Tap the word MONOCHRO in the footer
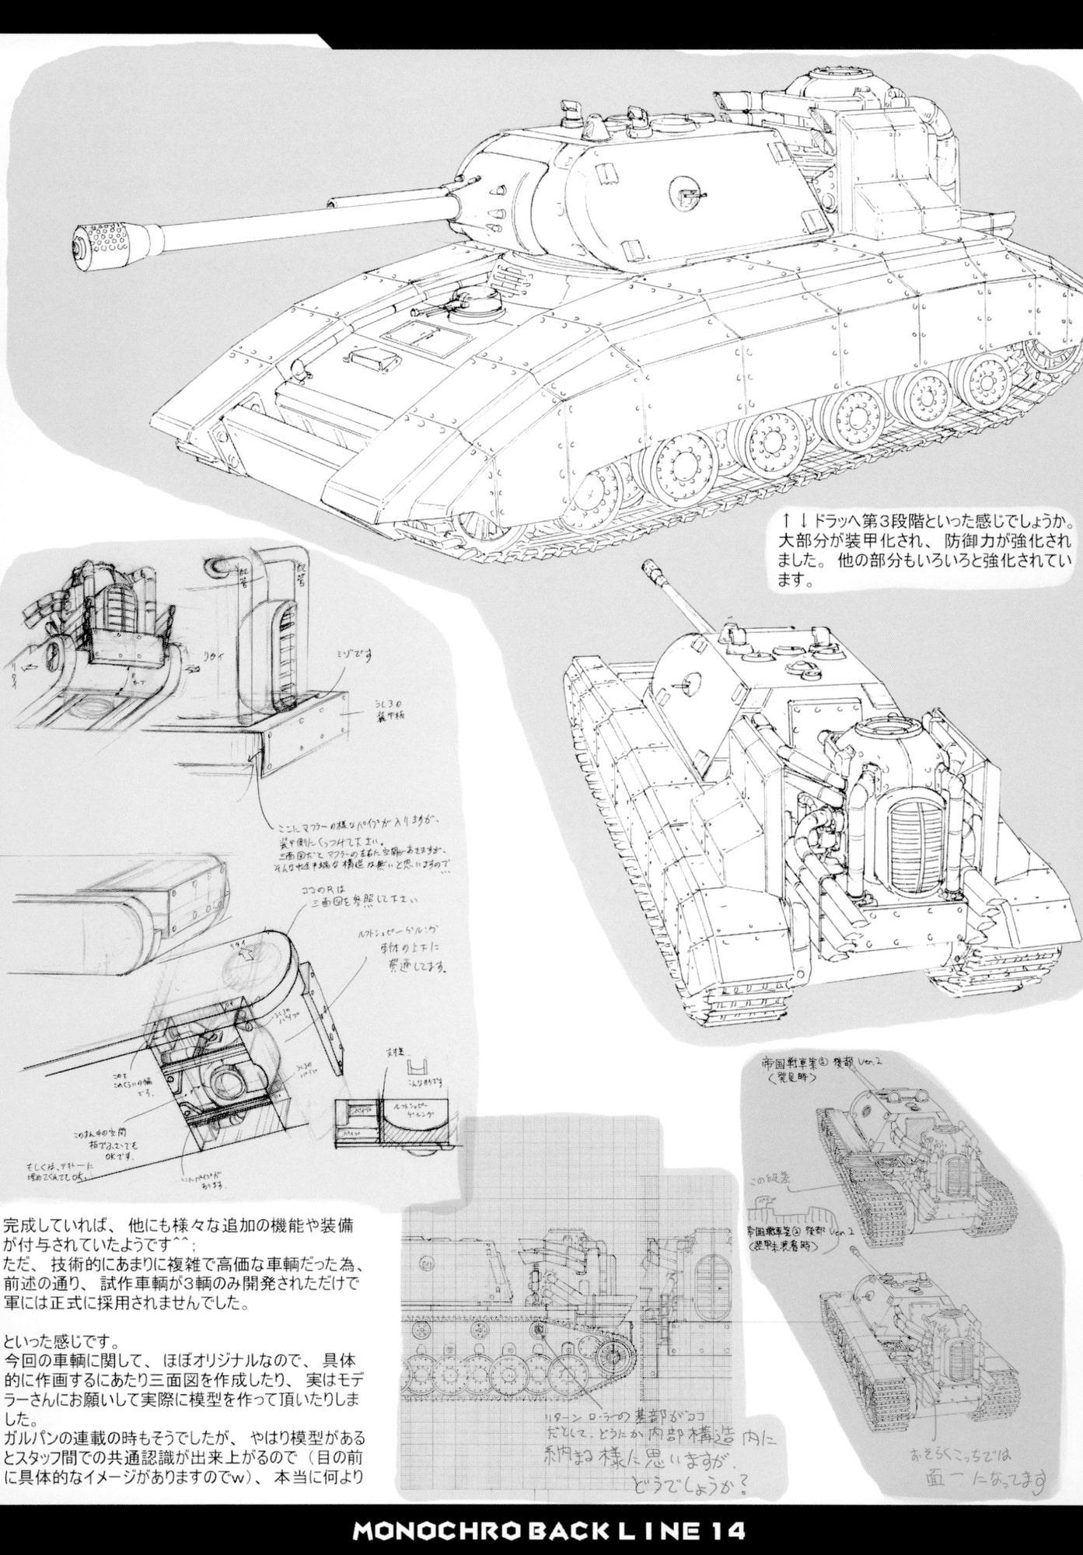tap(421, 1531)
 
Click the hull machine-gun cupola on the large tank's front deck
tap(471, 298)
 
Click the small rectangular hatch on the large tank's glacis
tap(369, 357)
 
